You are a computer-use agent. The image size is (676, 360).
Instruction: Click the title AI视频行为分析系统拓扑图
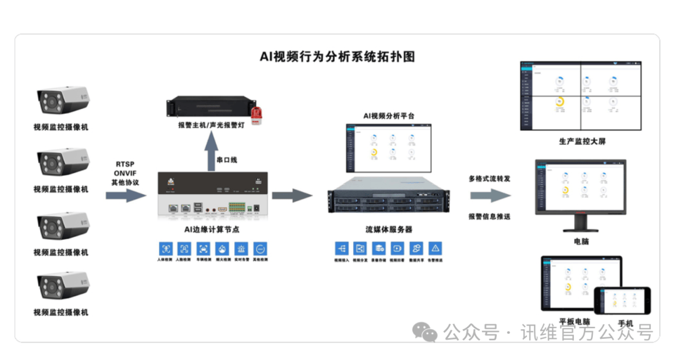coord(337,56)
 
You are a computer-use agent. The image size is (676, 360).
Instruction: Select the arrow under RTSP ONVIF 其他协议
coord(125,196)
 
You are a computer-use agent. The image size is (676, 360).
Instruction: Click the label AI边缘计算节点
coord(212,230)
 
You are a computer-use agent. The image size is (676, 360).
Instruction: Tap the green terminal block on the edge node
coord(237,208)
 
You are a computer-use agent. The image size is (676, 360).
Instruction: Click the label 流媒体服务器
coord(389,230)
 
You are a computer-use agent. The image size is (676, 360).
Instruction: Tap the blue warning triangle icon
coord(436,248)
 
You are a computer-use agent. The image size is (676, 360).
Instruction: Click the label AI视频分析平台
coord(389,116)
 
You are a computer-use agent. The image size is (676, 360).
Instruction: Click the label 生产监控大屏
coord(582,141)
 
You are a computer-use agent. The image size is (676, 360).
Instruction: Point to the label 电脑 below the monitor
coord(581,241)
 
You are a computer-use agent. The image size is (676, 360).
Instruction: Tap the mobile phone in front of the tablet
coord(626,302)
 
